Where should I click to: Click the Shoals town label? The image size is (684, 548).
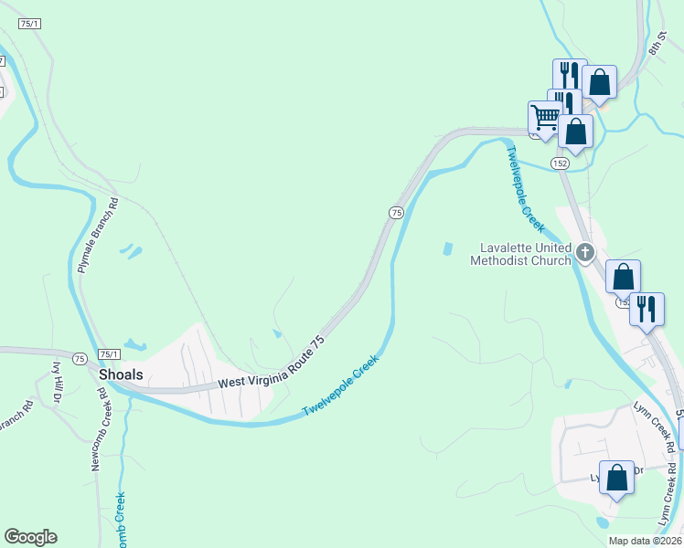pyautogui.click(x=119, y=374)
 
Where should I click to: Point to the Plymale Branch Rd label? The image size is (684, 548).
pyautogui.click(x=99, y=236)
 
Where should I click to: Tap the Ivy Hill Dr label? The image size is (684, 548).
pyautogui.click(x=57, y=382)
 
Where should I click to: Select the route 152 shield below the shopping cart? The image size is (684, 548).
pyautogui.click(x=561, y=163)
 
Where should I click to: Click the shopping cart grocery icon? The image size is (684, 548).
pyautogui.click(x=545, y=117)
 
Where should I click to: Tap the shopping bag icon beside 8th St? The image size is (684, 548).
pyautogui.click(x=599, y=82)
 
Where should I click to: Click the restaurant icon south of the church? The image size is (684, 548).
pyautogui.click(x=647, y=309)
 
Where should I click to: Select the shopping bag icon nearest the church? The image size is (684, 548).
pyautogui.click(x=623, y=277)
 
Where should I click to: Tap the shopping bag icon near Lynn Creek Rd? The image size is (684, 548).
pyautogui.click(x=616, y=477)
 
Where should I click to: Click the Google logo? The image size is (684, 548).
pyautogui.click(x=30, y=537)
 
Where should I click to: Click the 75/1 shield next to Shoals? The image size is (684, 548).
pyautogui.click(x=109, y=354)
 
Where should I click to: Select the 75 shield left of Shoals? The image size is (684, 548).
pyautogui.click(x=80, y=359)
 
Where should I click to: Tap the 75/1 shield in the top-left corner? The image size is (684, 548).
pyautogui.click(x=28, y=24)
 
